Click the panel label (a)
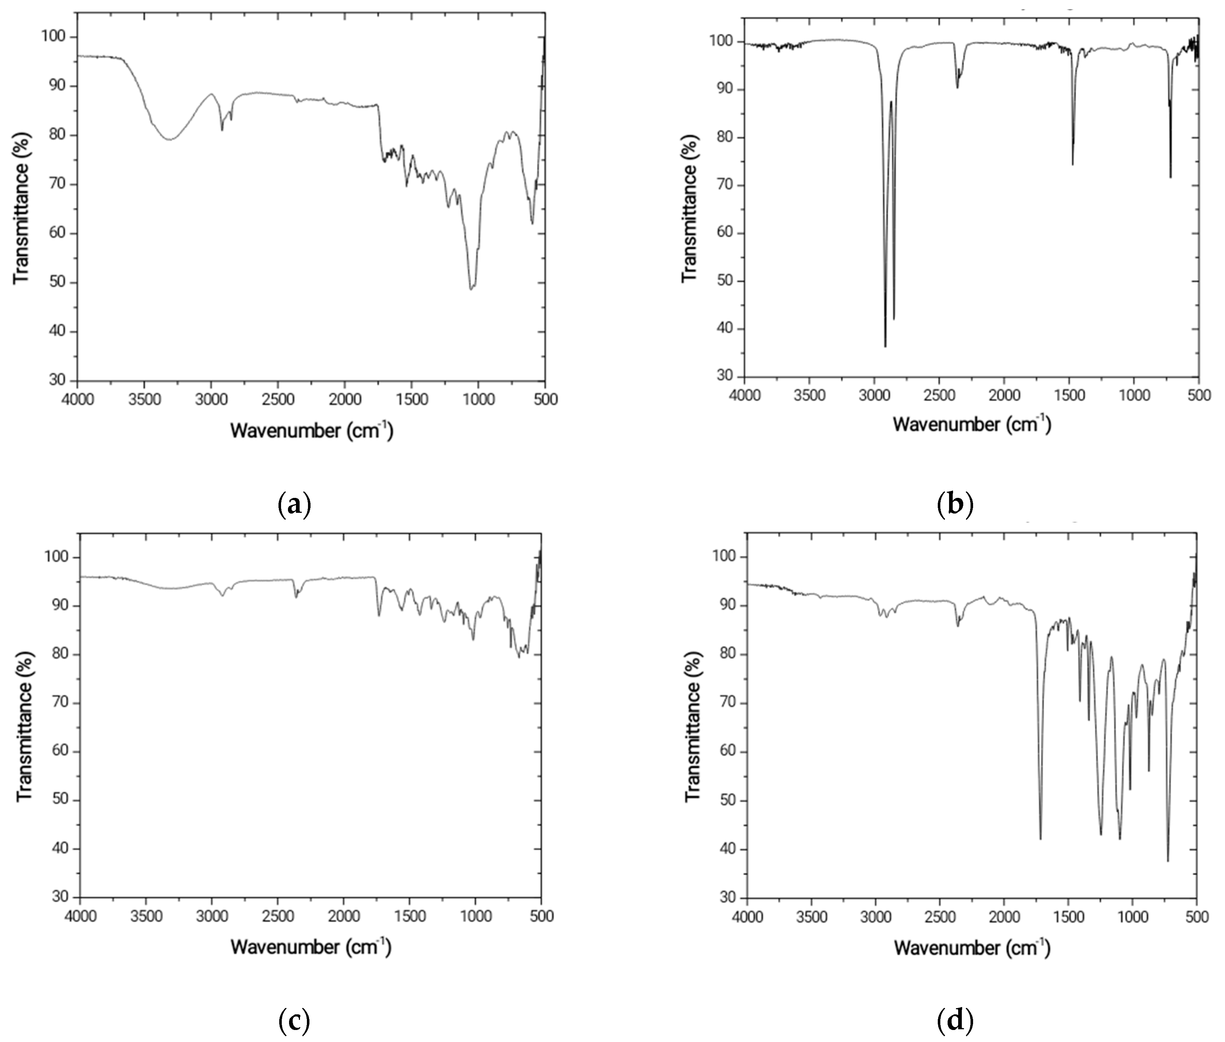point(294,505)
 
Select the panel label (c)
point(294,1021)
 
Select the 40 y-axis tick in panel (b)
point(724,329)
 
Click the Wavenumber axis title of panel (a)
point(311,430)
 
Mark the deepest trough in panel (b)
point(885,346)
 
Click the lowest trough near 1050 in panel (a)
point(471,289)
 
